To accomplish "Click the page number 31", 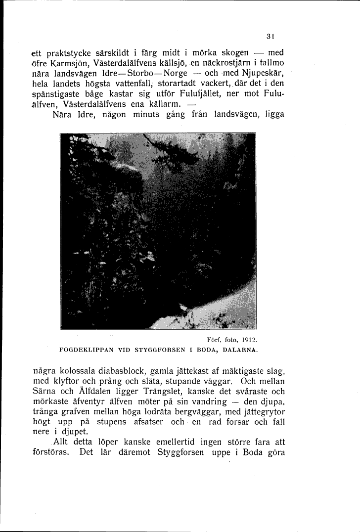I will coord(270,36).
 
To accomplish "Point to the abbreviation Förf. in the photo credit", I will coord(213,340).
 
